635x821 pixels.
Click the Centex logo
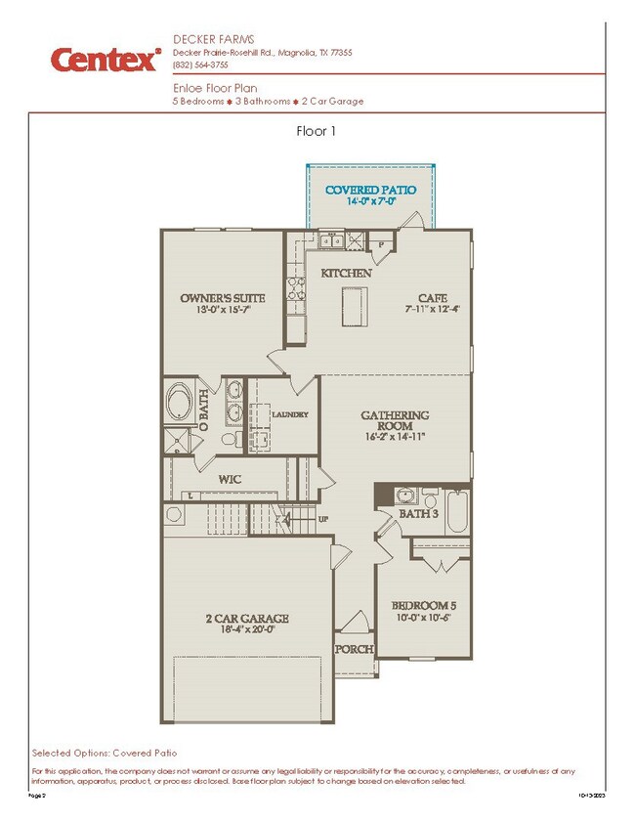pos(106,60)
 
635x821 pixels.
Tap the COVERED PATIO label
pos(370,190)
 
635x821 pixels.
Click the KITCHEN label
pos(346,274)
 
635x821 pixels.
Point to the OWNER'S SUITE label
pos(219,298)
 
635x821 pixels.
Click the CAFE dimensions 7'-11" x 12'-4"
pos(432,310)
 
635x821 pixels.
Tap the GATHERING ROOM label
pos(395,421)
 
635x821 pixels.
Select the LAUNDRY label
pos(289,414)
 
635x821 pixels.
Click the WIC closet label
pos(230,479)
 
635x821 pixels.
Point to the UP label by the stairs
pos(322,519)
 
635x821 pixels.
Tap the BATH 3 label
pos(418,513)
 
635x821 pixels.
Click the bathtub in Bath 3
pos(457,512)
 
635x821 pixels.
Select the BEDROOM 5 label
pos(423,605)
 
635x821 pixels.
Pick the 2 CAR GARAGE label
pos(246,618)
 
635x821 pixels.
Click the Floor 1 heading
pos(317,130)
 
